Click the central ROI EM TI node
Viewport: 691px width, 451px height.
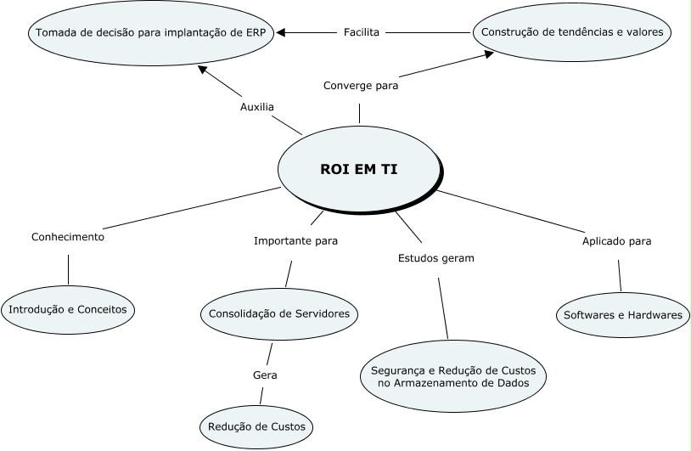point(358,169)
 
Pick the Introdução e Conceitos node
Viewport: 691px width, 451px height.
point(68,309)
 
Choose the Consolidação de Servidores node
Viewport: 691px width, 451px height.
point(279,313)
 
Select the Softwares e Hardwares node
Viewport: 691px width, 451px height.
point(622,315)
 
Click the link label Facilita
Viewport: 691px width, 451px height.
point(362,32)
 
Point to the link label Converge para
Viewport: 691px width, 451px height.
point(361,85)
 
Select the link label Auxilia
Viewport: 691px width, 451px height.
point(256,108)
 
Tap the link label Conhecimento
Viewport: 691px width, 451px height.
point(68,237)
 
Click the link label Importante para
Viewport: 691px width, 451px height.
point(295,240)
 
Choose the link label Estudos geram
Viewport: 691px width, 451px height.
point(435,257)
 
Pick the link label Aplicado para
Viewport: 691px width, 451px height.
point(616,240)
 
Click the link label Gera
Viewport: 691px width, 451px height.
point(265,375)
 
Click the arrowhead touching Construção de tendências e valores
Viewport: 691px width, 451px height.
point(488,54)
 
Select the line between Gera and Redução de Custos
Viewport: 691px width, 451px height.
point(261,395)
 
